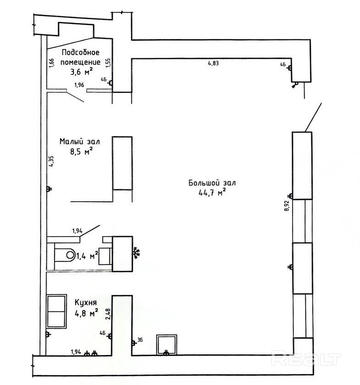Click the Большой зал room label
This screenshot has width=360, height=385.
(212, 183)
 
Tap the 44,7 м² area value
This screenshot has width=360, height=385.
(212, 193)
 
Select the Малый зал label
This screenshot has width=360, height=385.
(80, 142)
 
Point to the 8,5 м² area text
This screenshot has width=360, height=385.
(81, 152)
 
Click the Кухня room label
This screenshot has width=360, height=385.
(86, 302)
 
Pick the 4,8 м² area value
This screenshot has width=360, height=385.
(86, 313)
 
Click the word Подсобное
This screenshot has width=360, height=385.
(81, 52)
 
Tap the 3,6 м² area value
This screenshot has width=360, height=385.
(81, 72)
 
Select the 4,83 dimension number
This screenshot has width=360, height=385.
(213, 63)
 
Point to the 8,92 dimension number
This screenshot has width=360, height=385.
(287, 206)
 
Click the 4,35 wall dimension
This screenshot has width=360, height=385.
(51, 161)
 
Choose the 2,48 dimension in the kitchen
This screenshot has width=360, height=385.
(108, 314)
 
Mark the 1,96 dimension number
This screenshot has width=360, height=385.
(79, 85)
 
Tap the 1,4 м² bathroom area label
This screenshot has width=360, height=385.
(87, 256)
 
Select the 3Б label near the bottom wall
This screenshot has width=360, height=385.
(140, 340)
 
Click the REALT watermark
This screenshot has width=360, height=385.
(306, 359)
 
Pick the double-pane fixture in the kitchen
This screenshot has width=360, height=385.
(56, 311)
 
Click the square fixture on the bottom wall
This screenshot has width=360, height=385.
(167, 345)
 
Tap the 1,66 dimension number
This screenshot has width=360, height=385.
(51, 63)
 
